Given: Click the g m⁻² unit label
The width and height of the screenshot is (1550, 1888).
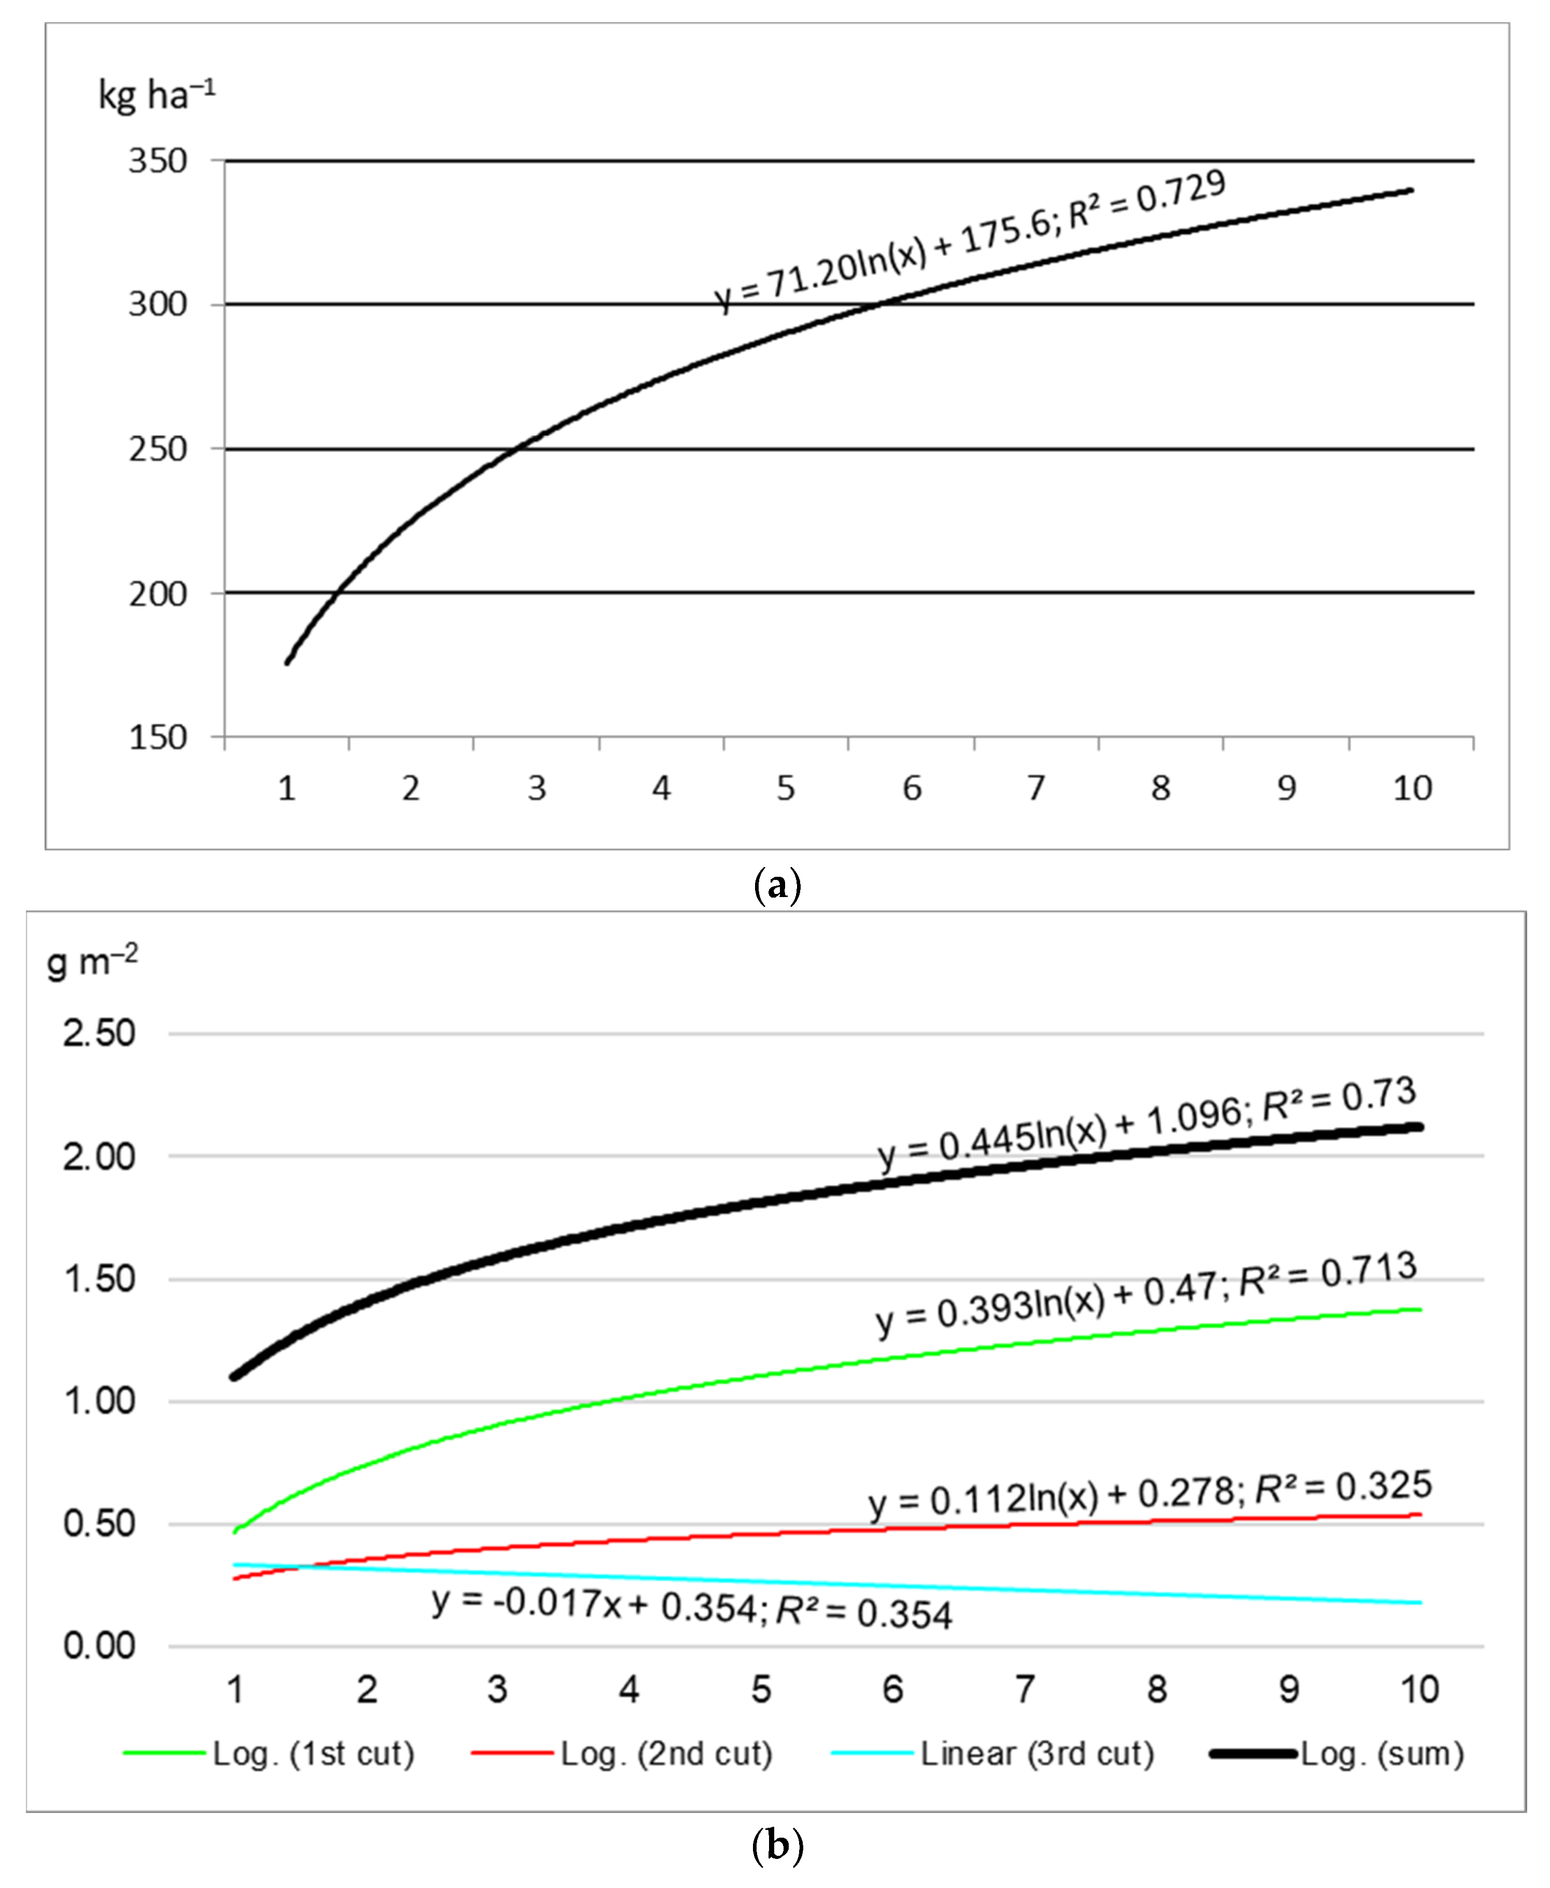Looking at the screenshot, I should pyautogui.click(x=92, y=962).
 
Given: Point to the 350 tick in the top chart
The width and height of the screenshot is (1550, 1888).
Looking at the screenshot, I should pyautogui.click(x=158, y=162).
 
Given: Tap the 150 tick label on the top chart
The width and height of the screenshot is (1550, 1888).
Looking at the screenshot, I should pyautogui.click(x=158, y=738).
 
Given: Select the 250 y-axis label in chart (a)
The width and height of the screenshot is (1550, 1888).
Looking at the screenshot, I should pyautogui.click(x=158, y=449).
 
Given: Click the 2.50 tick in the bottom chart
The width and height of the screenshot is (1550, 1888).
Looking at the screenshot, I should pyautogui.click(x=99, y=1033).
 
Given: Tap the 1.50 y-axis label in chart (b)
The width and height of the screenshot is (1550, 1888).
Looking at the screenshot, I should pyautogui.click(x=99, y=1279).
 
